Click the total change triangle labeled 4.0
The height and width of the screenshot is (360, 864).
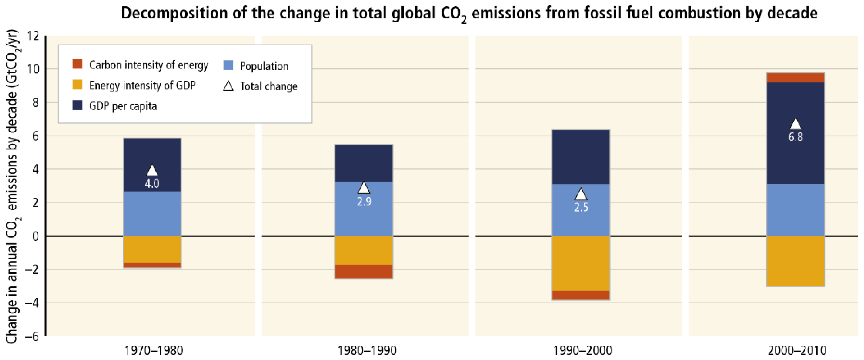[x=152, y=170]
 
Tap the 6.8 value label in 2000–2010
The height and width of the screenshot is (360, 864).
[x=795, y=137]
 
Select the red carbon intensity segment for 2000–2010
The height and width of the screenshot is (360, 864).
[x=795, y=78]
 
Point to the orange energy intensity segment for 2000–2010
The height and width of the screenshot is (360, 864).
[x=795, y=261]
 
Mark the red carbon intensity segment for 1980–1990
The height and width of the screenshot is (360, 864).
[x=364, y=271]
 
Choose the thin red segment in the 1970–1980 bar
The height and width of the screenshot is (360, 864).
[x=152, y=265]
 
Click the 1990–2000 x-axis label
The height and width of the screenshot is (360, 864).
[x=582, y=351]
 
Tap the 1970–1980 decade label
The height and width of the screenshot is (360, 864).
[x=154, y=351]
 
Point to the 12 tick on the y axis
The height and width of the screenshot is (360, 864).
[x=33, y=36]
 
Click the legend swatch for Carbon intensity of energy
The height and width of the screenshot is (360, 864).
[x=78, y=64]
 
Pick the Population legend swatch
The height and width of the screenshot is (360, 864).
[x=228, y=65]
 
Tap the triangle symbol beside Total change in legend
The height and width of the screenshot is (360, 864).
[x=228, y=86]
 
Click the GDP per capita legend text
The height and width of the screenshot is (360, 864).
[x=123, y=106]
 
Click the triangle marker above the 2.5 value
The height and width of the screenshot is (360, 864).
[x=581, y=194]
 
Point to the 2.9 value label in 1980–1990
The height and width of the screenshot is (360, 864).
[x=364, y=202]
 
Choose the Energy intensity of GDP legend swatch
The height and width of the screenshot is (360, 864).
[x=78, y=85]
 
